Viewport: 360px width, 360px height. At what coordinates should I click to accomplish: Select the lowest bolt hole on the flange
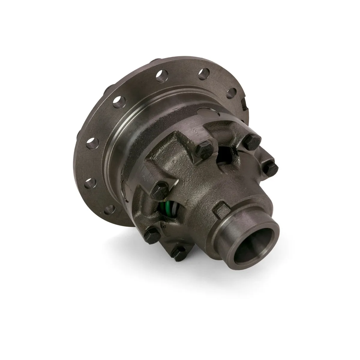point(112,208)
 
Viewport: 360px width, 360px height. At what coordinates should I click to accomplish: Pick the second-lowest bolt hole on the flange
point(92,181)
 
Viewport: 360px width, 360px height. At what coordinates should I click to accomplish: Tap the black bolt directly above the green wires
point(158,189)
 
